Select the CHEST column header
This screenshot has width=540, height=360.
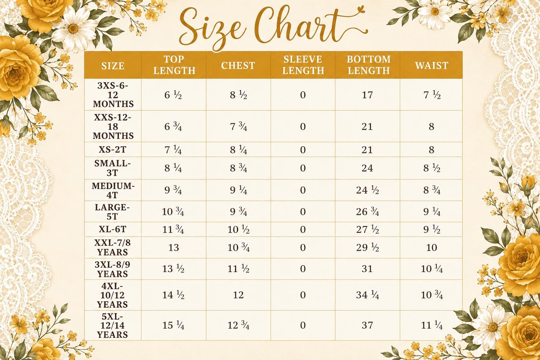(x=238, y=66)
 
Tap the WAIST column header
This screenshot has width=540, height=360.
(x=431, y=66)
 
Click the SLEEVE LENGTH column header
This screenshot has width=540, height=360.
(x=303, y=65)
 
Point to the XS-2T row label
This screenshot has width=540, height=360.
(x=112, y=150)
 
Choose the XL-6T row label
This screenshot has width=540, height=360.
(x=112, y=229)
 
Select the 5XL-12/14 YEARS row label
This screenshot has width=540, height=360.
(x=112, y=325)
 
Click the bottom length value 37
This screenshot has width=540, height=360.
(x=367, y=325)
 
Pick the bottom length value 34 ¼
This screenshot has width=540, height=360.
(x=367, y=295)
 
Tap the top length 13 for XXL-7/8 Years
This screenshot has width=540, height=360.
(x=174, y=247)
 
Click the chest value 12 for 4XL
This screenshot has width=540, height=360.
(x=238, y=295)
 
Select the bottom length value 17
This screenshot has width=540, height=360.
(x=367, y=95)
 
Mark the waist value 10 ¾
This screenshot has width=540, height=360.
(x=432, y=295)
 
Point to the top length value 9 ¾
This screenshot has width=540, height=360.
(x=173, y=190)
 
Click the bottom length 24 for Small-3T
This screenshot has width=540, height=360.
(x=367, y=168)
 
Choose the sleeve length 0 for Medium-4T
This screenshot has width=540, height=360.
(x=303, y=190)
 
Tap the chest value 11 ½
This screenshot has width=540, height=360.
(x=238, y=269)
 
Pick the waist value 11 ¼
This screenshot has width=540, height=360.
(x=432, y=326)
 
